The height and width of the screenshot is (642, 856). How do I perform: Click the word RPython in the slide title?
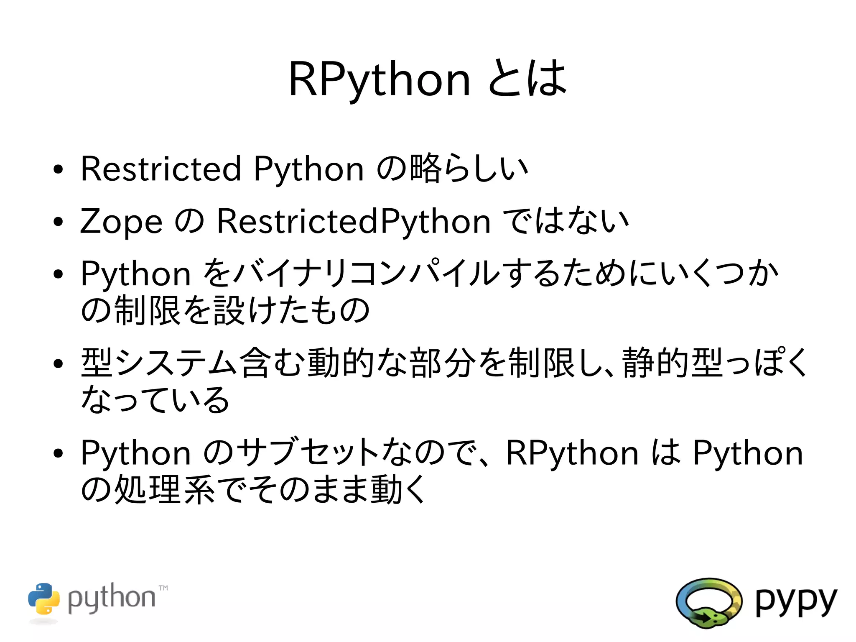click(379, 79)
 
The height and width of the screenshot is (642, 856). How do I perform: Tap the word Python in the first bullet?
click(308, 169)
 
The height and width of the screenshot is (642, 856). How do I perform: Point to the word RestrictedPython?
click(354, 221)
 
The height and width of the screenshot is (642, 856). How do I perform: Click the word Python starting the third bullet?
click(136, 274)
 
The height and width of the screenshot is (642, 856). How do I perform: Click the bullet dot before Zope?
click(58, 222)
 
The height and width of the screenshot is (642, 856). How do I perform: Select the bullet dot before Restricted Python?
click(58, 169)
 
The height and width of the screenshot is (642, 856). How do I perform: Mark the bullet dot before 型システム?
click(58, 363)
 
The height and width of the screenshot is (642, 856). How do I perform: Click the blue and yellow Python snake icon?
click(44, 599)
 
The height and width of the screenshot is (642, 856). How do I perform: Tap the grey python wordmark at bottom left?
click(111, 598)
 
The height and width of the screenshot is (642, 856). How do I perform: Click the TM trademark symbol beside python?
click(163, 588)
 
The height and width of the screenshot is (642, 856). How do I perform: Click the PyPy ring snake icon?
click(708, 603)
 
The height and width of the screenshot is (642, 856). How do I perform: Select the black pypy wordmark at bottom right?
click(796, 601)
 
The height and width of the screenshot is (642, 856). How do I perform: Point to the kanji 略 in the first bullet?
click(425, 169)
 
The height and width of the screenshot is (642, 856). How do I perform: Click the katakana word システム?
click(176, 363)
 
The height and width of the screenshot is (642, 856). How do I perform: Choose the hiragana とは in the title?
click(527, 79)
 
